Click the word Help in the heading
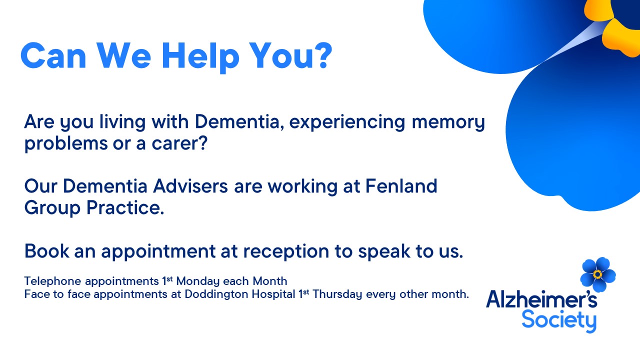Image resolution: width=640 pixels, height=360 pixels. [x=199, y=56]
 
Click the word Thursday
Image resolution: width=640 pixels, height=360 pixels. [x=337, y=294]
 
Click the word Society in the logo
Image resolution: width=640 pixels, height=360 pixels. [x=558, y=320]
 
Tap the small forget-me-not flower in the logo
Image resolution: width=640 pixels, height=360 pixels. [x=597, y=274]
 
